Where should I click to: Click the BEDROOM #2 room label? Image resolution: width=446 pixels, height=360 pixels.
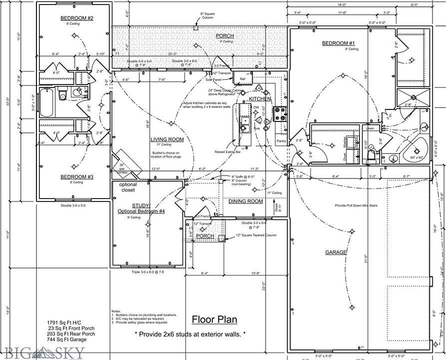click(73, 18)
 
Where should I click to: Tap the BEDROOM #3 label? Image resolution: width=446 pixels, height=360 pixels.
click(73, 177)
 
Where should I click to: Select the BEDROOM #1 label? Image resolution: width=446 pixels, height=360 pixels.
click(338, 43)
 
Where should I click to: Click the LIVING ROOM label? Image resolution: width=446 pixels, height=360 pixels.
click(167, 139)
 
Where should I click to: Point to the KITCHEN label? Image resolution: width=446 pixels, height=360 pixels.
click(260, 99)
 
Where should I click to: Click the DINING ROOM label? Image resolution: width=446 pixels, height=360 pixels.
click(245, 201)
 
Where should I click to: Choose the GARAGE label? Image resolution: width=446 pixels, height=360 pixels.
click(336, 252)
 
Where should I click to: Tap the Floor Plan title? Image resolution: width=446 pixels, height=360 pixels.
click(215, 319)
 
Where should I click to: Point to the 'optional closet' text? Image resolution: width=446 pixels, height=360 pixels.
click(128, 187)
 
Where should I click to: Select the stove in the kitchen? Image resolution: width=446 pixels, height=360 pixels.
click(280, 114)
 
